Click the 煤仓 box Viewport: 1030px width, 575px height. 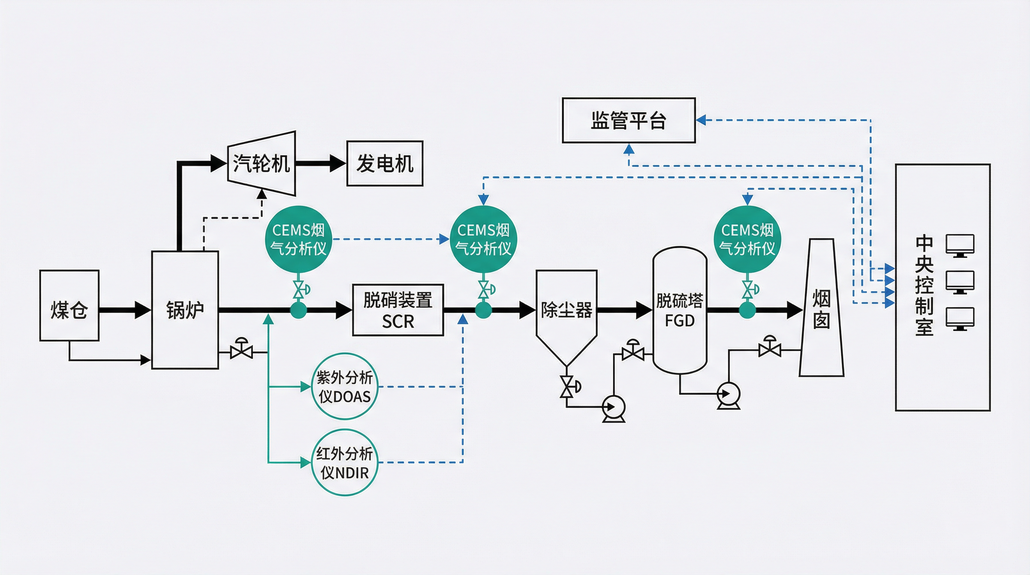coord(69,305)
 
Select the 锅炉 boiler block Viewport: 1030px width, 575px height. coord(185,310)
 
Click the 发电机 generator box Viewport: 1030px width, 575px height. coord(385,163)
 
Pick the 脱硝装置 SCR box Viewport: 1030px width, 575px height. coord(398,310)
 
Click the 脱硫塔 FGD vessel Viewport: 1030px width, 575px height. coord(680,310)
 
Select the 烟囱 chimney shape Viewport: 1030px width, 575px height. coord(821,310)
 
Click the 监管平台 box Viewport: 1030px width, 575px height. coord(628,120)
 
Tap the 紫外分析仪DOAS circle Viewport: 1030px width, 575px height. coord(345,386)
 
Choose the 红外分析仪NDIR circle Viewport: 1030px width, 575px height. coord(345,463)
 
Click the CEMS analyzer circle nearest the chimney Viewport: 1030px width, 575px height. coord(747,239)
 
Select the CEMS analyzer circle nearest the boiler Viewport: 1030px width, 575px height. coord(298,239)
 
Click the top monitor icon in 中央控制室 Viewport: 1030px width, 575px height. coord(960,245)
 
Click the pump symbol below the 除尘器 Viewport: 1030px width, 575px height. coord(613,407)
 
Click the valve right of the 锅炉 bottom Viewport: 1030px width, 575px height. coord(241,352)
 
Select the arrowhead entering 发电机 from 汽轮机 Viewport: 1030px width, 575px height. coord(338,163)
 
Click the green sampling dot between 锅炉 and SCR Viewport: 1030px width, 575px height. coord(298,310)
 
